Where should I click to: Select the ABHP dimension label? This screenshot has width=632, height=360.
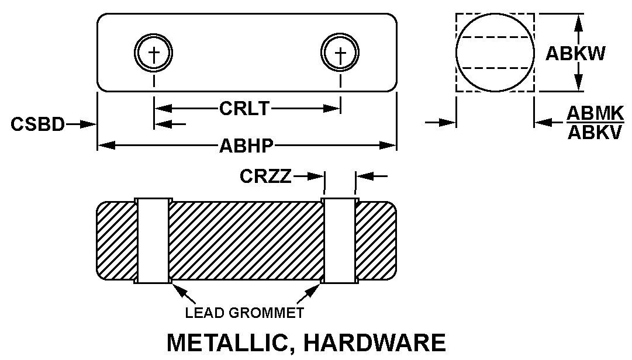246,146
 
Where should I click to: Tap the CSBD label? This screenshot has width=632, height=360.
37,124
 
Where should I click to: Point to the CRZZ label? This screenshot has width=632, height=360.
265,176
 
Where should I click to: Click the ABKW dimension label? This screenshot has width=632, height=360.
575,53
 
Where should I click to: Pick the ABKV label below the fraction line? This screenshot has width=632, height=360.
595,133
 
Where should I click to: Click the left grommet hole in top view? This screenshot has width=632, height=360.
154,53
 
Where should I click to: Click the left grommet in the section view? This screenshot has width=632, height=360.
154,240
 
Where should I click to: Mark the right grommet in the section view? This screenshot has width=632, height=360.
340,240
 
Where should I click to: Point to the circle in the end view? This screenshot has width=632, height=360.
495,53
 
